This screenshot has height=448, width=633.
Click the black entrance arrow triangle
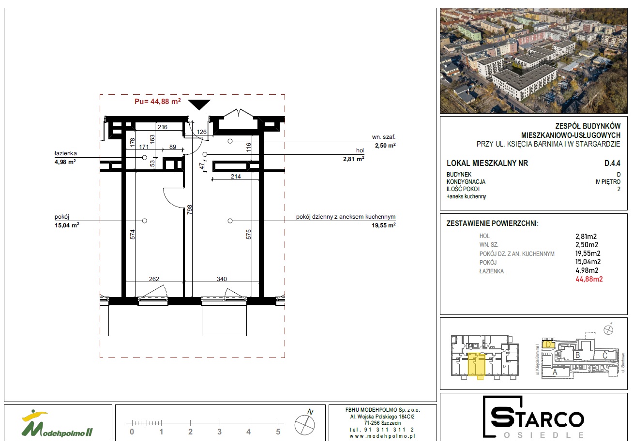[x=199, y=104]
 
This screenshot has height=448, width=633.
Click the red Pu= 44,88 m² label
[x=158, y=102]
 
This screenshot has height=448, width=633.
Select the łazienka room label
[x=65, y=153]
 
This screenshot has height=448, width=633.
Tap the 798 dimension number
[x=189, y=209]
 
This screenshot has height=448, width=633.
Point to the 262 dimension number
[x=154, y=279]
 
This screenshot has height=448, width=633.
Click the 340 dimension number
[x=222, y=279]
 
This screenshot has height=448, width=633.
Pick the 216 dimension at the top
[x=163, y=127]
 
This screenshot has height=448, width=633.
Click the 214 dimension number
[x=236, y=176]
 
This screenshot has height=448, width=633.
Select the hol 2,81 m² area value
[x=353, y=159]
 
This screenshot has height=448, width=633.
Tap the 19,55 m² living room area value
[x=383, y=225]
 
